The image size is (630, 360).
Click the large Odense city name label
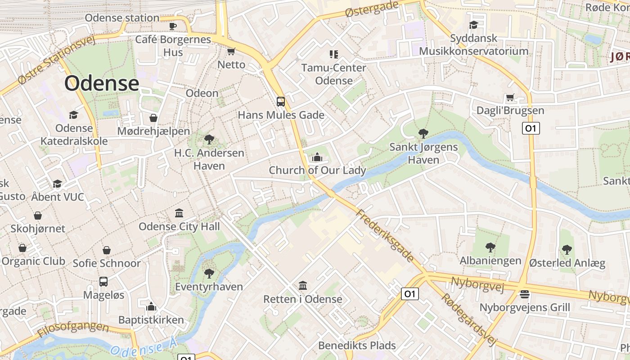click(102, 83)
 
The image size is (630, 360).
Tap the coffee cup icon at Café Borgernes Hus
click(173, 26)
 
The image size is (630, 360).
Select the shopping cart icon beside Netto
click(231, 51)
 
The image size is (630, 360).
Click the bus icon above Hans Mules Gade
click(281, 101)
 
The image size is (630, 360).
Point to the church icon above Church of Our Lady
click(317, 157)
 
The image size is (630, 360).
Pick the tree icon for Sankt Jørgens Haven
click(423, 133)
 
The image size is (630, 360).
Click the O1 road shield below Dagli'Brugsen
click(531, 128)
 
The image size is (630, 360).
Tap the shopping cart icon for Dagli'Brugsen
click(510, 97)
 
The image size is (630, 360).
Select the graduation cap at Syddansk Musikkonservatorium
click(473, 25)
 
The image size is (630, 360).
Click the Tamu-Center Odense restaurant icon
click(333, 54)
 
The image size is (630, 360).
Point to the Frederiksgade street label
click(385, 235)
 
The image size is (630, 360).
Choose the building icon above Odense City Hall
click(179, 213)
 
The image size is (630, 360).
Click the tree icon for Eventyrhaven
click(209, 273)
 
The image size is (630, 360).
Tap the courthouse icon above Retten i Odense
click(303, 286)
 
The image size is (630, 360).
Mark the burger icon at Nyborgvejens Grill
click(524, 294)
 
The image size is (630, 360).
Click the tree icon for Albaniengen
click(490, 247)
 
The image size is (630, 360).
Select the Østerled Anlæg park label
click(567, 263)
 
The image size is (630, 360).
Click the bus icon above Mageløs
click(103, 282)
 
